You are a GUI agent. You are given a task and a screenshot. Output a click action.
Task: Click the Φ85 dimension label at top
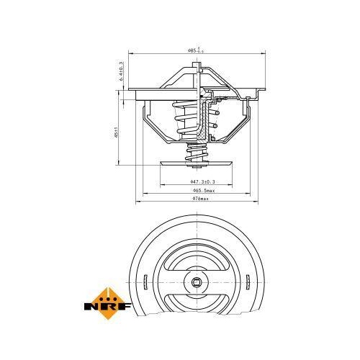(195, 50)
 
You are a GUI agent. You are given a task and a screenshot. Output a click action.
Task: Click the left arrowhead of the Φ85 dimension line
(130, 55)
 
